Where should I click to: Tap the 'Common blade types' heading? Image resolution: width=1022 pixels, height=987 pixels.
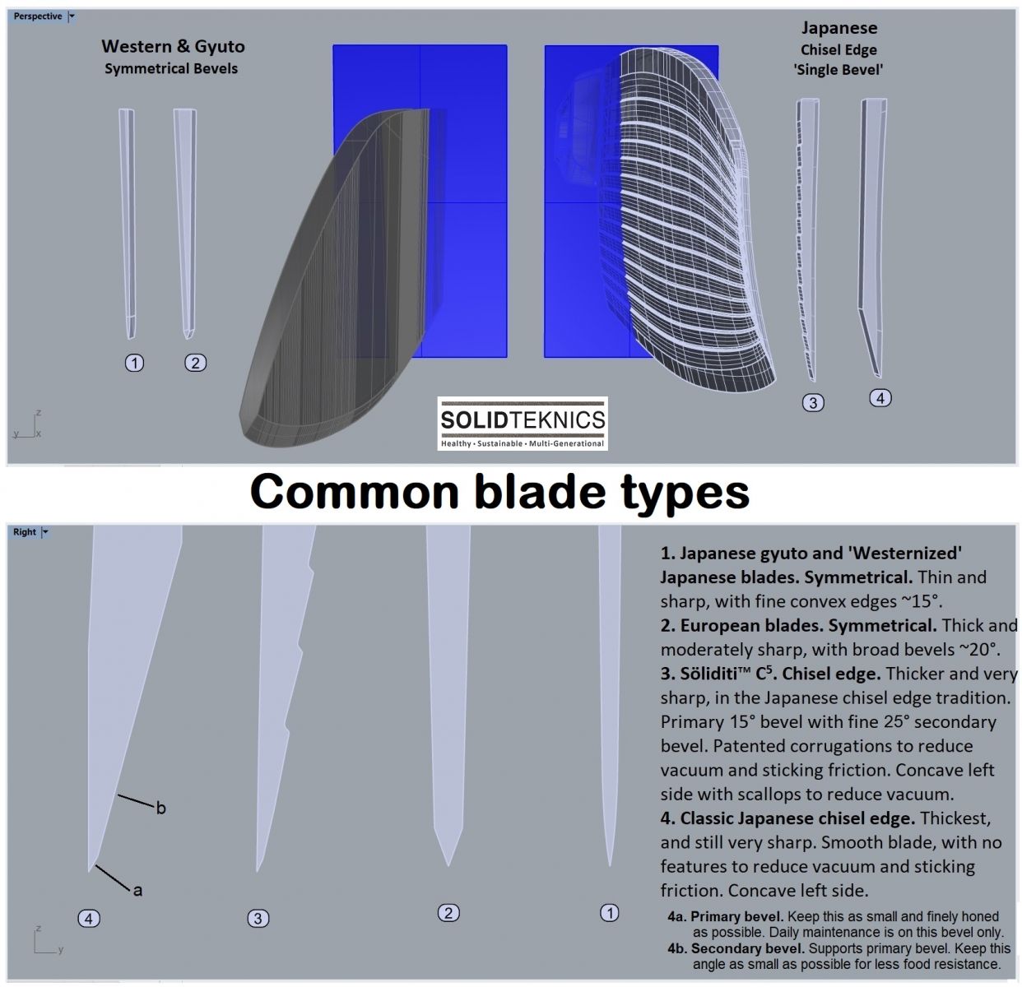coord(499,492)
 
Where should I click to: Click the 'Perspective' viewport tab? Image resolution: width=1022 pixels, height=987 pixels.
coord(38,16)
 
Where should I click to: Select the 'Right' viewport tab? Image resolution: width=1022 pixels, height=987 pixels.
coord(25,532)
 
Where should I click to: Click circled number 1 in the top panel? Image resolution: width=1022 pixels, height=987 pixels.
coord(134,363)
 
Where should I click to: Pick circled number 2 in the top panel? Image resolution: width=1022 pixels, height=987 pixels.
coord(195,363)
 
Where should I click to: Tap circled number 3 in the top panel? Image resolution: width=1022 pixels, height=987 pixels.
coord(813,402)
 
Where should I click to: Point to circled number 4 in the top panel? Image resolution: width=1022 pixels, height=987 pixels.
coord(880,398)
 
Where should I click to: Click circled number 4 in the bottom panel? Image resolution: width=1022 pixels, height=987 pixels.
coord(89,918)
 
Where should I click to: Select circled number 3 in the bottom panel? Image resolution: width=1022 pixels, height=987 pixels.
coord(258,918)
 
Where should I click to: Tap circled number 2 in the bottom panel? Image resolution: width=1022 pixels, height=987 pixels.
coord(448,912)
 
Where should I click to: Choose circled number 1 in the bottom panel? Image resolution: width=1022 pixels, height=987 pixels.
coord(610,912)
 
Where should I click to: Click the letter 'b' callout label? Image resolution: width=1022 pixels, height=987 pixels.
coord(161,809)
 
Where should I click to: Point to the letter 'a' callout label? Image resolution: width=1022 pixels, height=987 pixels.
coord(137,890)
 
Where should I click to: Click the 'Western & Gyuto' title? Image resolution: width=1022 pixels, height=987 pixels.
coord(173,47)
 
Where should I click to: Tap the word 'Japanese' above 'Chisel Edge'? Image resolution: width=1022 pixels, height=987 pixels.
coord(839,28)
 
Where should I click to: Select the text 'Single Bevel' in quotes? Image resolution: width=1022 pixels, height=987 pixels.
coord(839,70)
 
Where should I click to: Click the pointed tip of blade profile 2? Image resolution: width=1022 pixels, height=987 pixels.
coord(448,864)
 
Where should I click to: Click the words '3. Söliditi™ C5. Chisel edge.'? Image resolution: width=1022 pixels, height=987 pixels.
coord(770,674)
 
